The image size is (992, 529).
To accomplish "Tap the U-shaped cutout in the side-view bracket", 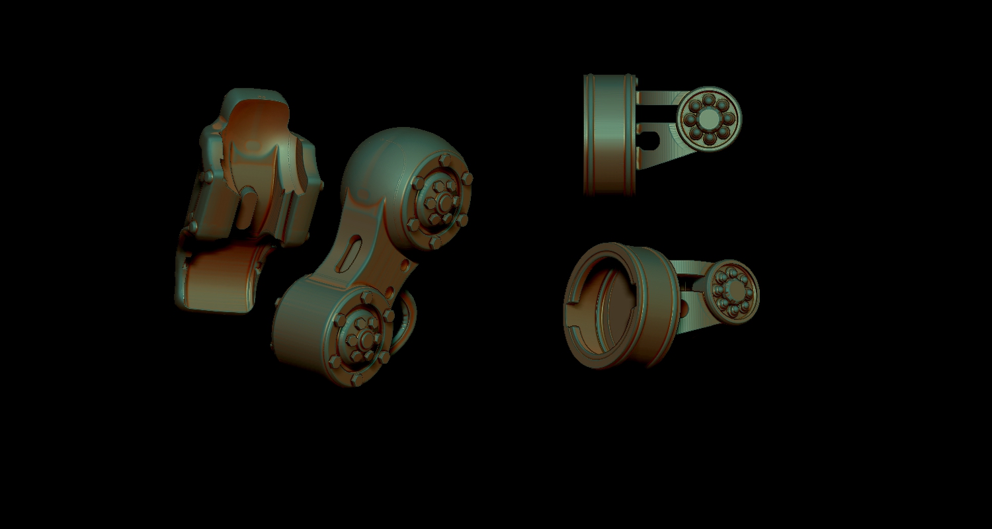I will (651, 140).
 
